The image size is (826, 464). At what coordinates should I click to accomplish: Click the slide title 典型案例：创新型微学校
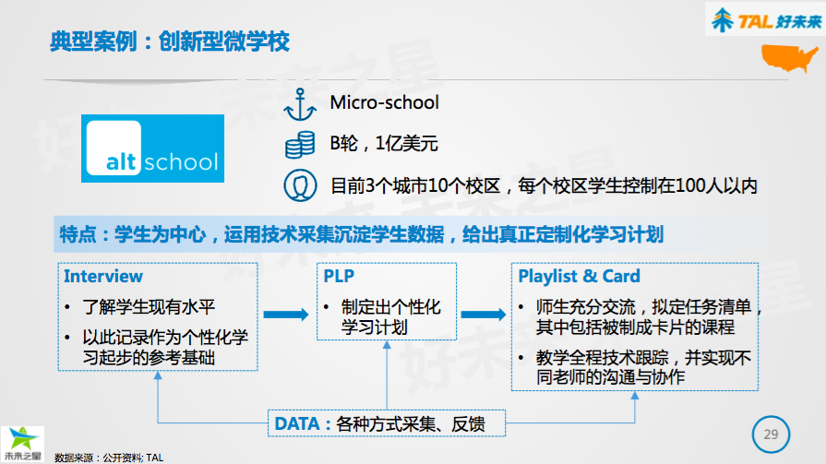tap(170, 42)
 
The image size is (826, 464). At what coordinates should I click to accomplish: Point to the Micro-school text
tap(385, 102)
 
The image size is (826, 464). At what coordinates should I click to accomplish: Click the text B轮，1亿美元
tap(384, 144)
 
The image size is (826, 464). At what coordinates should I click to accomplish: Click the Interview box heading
tap(103, 276)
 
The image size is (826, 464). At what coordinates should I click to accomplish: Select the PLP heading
tap(339, 276)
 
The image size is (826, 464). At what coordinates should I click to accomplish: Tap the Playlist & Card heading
tap(579, 276)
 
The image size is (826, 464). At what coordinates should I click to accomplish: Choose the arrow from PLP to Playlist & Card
tap(483, 315)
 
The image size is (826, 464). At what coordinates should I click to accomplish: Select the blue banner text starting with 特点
tap(361, 233)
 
